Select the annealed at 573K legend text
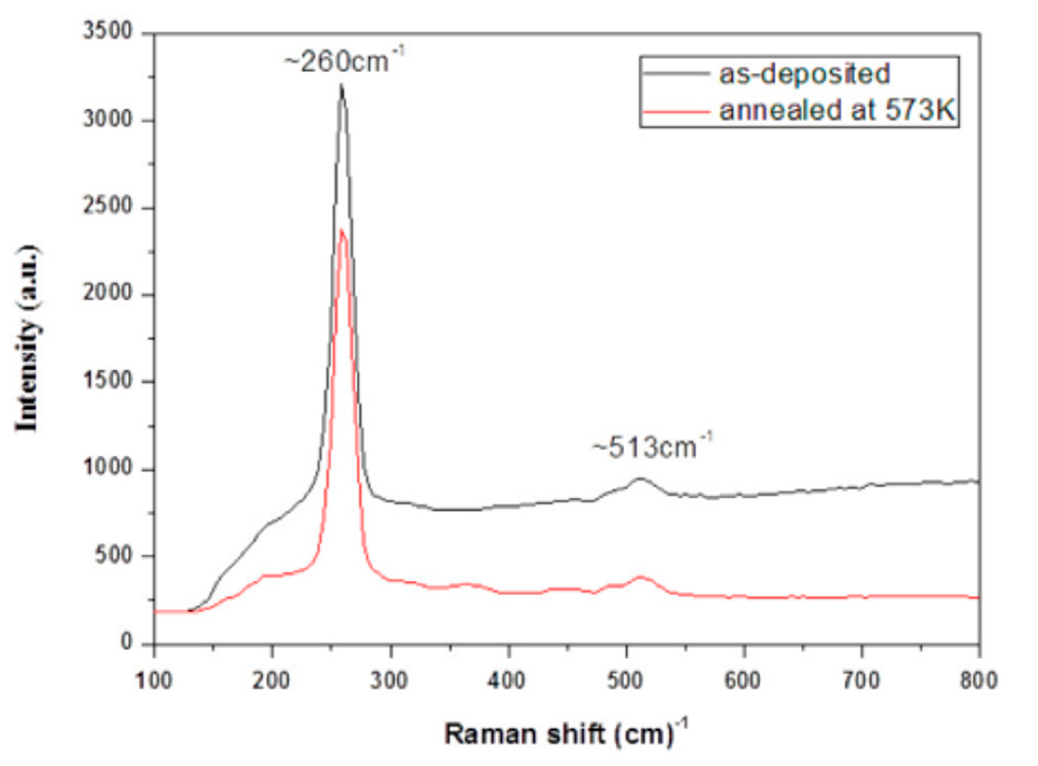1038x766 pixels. [837, 110]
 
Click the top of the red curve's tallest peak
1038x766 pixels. [342, 230]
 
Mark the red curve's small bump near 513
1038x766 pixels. [640, 577]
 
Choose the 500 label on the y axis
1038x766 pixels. [114, 556]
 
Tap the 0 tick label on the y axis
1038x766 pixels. [127, 643]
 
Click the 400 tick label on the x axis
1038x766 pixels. [509, 681]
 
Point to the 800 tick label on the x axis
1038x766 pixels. [979, 681]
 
